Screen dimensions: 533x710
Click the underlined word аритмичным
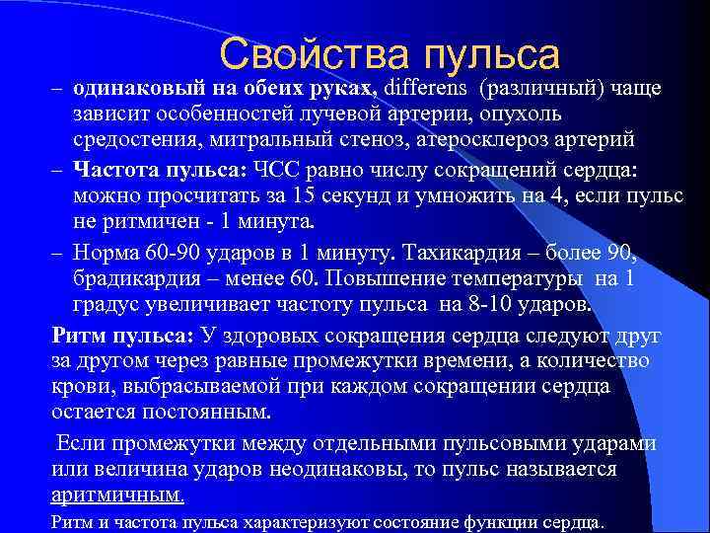(x=116, y=495)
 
